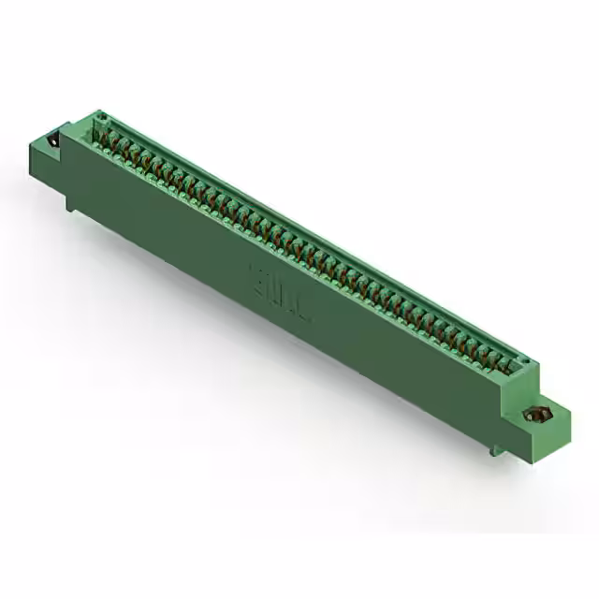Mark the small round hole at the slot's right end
click(x=524, y=362)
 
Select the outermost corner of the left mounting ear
click(x=38, y=139)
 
